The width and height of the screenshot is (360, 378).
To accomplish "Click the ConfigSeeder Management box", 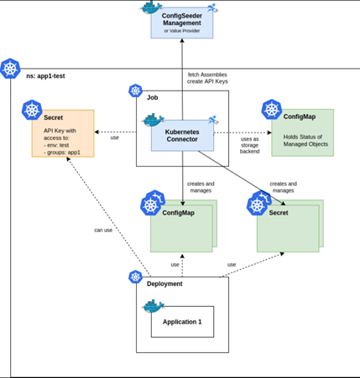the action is pos(182,23).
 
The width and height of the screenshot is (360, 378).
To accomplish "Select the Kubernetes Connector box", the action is pos(182,136).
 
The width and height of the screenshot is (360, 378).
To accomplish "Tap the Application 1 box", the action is pos(182,322).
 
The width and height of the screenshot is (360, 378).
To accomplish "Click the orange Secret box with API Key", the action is pos(63,133).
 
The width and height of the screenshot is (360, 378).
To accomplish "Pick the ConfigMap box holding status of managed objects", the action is pos(302,132).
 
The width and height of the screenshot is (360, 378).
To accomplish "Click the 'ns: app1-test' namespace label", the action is pos(45,76).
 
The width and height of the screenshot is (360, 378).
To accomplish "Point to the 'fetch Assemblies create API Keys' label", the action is pos(207,78).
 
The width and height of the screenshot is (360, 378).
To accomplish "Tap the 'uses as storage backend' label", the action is pos(249,145).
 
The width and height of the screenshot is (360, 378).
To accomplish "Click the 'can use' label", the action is pos(103,230).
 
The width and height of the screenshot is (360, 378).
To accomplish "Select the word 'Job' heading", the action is pos(153,97).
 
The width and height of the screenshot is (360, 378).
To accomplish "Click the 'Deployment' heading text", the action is pos(164,284).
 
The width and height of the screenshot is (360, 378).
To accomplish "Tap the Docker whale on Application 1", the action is pos(153,306).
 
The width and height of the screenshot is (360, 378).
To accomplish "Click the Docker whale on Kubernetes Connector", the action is pos(153,120).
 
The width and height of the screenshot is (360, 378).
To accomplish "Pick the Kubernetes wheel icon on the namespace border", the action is pos(10,69).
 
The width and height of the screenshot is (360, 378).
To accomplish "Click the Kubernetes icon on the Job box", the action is pos(135,91).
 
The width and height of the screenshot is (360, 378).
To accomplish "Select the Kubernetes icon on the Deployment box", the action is pos(135,277).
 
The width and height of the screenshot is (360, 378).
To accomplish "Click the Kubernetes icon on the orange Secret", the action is pos(32,110).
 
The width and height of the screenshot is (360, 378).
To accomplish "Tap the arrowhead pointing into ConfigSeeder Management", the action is pos(182,40).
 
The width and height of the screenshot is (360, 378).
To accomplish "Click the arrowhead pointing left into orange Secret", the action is pos(97,132).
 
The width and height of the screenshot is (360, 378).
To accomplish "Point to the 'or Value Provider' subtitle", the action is pos(182,31).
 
